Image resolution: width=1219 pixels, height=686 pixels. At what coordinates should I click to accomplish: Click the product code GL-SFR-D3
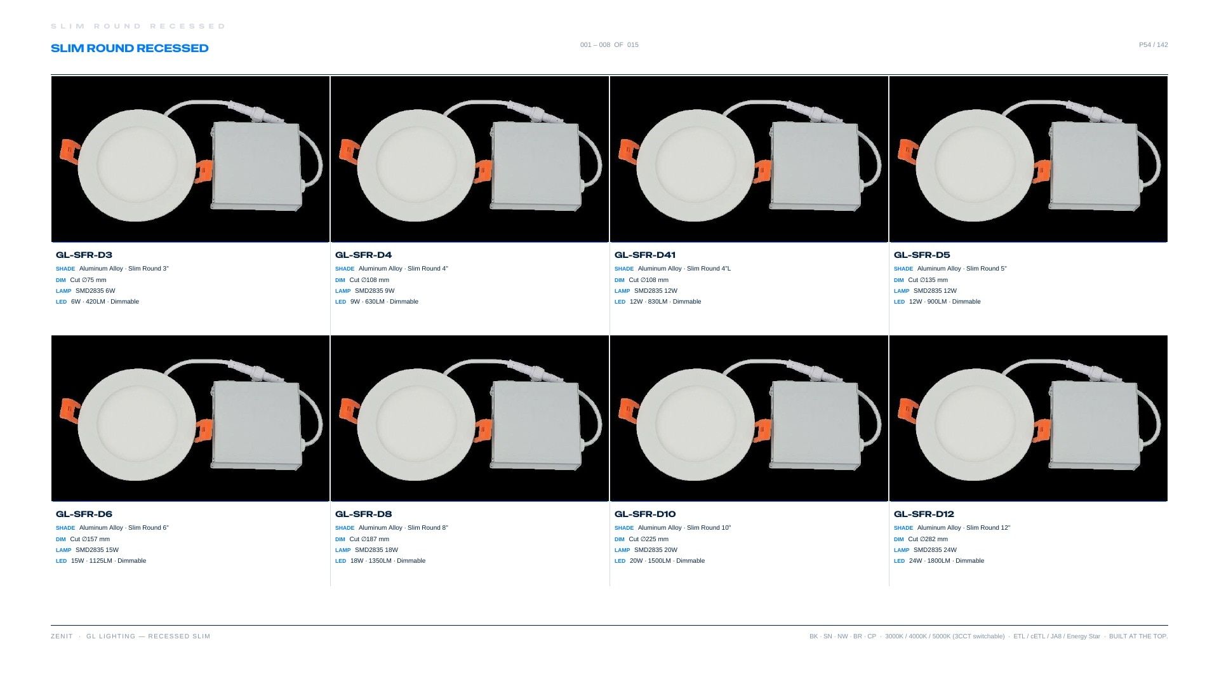coord(84,255)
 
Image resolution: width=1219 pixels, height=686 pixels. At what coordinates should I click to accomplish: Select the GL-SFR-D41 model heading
coord(645,255)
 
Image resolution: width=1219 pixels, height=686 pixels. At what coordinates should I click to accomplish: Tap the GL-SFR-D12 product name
coord(924,514)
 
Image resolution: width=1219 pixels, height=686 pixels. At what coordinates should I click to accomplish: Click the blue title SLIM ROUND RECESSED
coord(130,48)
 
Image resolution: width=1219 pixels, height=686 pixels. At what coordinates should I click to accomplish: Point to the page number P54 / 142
coord(1153,45)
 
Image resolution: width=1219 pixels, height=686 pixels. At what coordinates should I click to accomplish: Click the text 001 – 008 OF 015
coord(609,45)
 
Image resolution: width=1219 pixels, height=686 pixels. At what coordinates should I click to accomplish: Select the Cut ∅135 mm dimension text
coord(928,280)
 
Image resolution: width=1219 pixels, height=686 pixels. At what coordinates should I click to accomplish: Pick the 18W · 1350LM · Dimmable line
coord(388,561)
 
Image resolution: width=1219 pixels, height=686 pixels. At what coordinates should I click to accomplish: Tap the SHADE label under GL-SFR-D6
coord(65,528)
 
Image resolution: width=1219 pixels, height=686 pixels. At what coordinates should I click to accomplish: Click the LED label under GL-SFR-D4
coord(340,302)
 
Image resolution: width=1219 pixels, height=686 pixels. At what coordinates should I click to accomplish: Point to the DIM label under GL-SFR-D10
coord(620,539)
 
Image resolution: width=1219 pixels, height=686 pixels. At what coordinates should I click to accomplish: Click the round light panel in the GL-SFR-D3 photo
coord(137,165)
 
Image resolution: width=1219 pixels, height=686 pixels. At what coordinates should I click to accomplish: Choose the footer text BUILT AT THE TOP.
coord(1138,636)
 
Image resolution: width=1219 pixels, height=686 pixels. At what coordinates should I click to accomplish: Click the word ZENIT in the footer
coord(62,636)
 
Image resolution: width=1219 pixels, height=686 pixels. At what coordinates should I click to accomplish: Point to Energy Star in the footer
coord(1083,636)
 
